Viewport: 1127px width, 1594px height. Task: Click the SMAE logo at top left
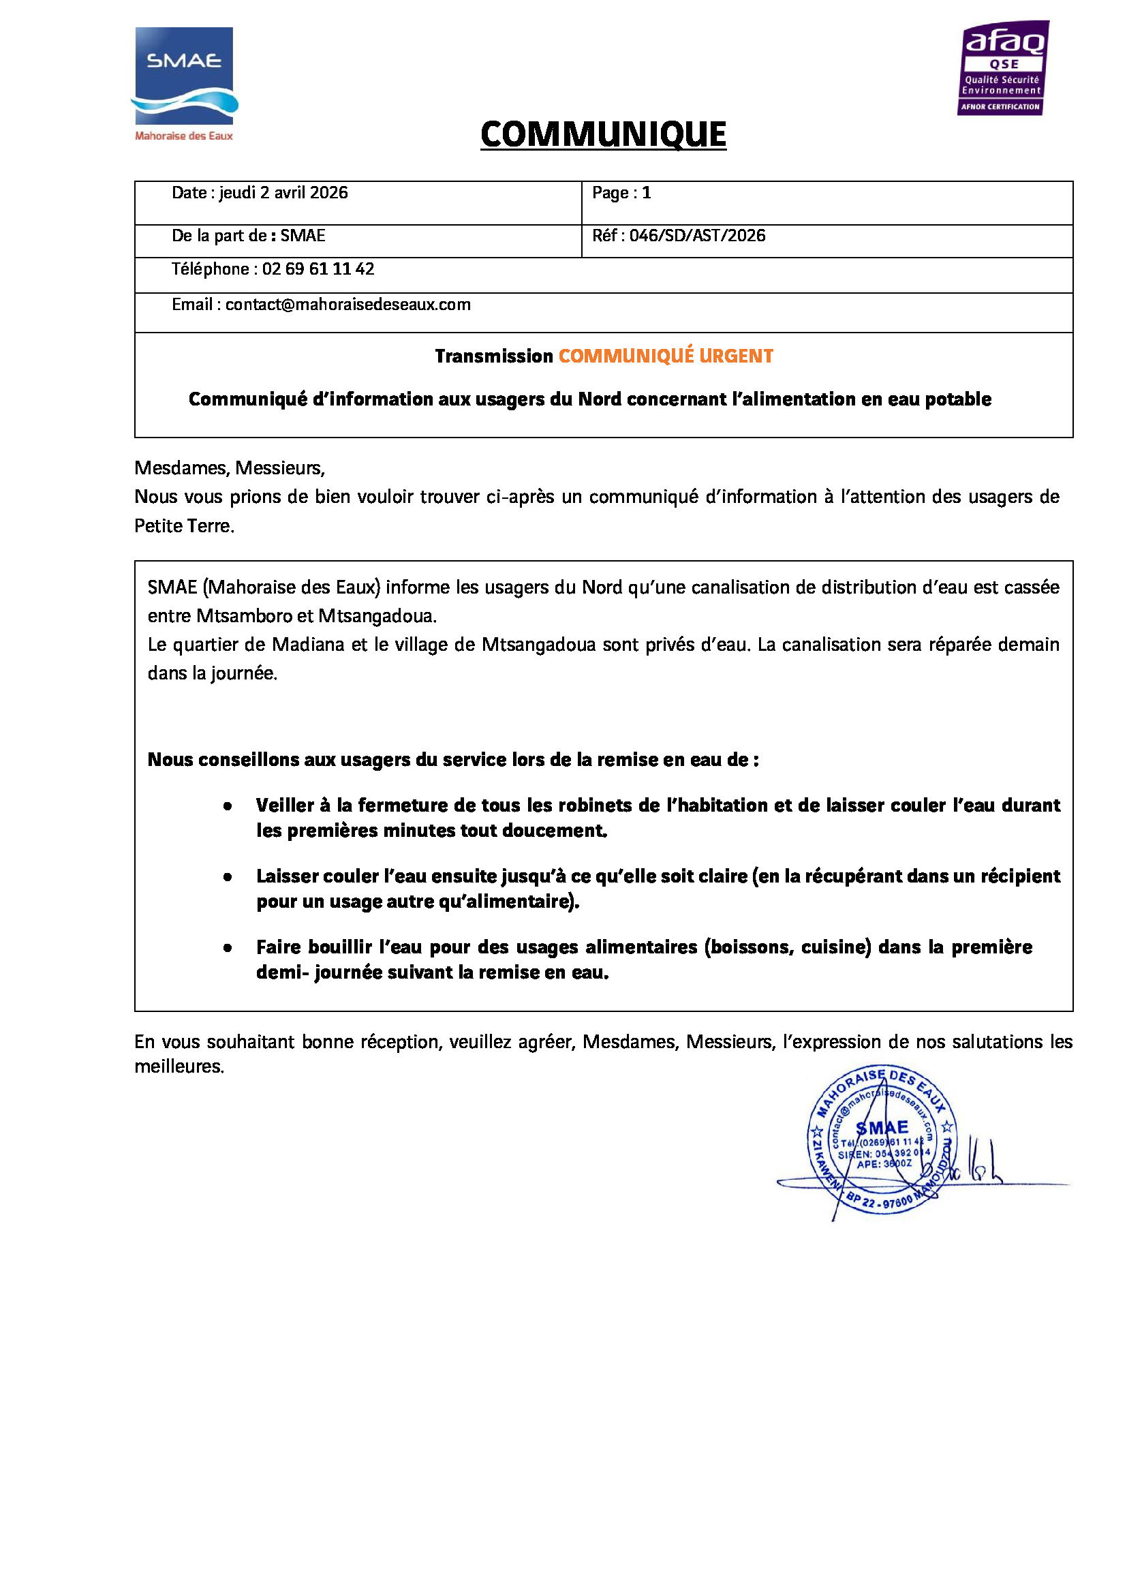[x=184, y=83]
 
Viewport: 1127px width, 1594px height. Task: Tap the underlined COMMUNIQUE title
[x=603, y=135]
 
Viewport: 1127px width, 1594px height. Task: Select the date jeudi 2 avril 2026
[x=283, y=193]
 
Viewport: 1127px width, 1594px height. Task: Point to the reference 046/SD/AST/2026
[x=697, y=236]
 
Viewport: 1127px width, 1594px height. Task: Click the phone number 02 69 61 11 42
[x=318, y=269]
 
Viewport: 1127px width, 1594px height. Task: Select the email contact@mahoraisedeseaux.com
[x=348, y=305]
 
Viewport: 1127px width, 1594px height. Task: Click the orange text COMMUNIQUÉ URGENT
[x=666, y=356]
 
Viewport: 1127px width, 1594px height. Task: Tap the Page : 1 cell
[x=621, y=193]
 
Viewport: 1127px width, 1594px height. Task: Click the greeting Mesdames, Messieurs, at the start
[x=230, y=468]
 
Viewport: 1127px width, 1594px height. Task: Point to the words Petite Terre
[x=183, y=526]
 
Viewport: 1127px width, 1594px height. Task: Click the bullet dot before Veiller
[x=228, y=806]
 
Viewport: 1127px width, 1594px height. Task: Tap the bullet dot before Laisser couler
[x=228, y=877]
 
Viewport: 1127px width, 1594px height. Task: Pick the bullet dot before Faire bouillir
[x=228, y=948]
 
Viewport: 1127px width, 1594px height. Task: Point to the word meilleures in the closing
[x=179, y=1067]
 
